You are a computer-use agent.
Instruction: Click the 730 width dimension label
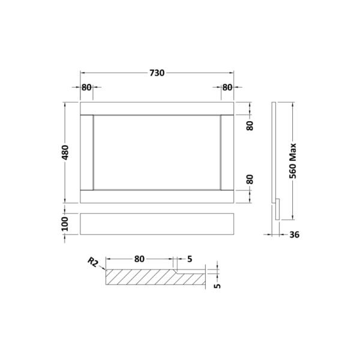pyautogui.click(x=157, y=73)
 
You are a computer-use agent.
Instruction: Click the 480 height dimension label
pyautogui.click(x=65, y=152)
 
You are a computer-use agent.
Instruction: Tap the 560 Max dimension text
pyautogui.click(x=293, y=161)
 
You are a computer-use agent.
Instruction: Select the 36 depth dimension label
pyautogui.click(x=295, y=235)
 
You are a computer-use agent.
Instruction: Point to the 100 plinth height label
pyautogui.click(x=65, y=224)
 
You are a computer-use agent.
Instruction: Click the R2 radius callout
pyautogui.click(x=93, y=262)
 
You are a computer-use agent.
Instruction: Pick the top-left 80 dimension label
pyautogui.click(x=86, y=88)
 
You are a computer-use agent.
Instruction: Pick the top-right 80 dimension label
pyautogui.click(x=227, y=88)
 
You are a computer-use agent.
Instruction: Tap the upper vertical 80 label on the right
pyautogui.click(x=250, y=125)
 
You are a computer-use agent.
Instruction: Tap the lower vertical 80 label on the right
pyautogui.click(x=250, y=179)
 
